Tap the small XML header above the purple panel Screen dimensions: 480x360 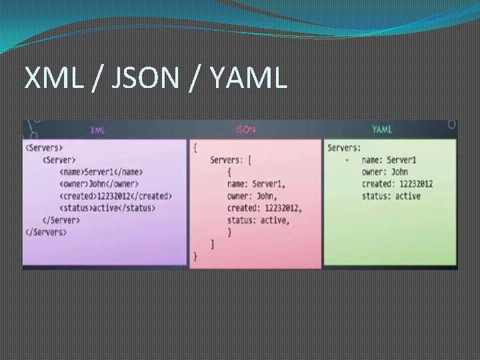[97, 130]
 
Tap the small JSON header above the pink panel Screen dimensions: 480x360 [245, 129]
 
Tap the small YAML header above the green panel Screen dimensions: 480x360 [381, 129]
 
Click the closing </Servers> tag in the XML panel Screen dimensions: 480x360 [46, 232]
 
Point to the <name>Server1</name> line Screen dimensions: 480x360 [101, 172]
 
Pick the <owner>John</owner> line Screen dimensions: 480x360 [99, 184]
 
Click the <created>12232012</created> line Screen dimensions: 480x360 [115, 196]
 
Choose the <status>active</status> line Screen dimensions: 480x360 [107, 208]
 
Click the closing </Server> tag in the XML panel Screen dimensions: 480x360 [61, 220]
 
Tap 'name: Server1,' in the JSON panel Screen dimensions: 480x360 [256, 184]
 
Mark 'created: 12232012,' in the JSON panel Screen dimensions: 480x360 [264, 208]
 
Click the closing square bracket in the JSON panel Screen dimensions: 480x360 [213, 244]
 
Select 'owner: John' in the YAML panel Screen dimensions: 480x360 [385, 172]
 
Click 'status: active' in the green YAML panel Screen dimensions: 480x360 [391, 196]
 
